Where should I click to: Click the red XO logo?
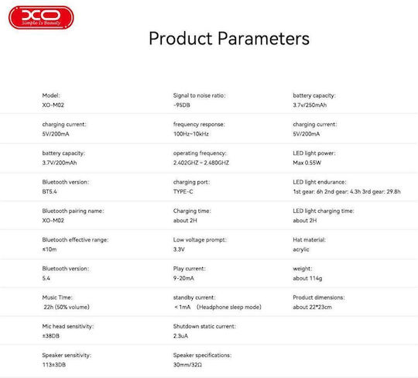pyautogui.click(x=41, y=18)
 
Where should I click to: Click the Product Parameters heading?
pyautogui.click(x=229, y=39)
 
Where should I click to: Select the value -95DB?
pyautogui.click(x=182, y=105)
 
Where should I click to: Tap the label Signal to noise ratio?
pyautogui.click(x=199, y=95)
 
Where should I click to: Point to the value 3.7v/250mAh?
pyautogui.click(x=310, y=105)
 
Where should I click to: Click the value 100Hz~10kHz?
pyautogui.click(x=191, y=134)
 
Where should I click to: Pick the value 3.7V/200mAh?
pyautogui.click(x=60, y=163)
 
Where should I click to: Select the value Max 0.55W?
pyautogui.click(x=307, y=163)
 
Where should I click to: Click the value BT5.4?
pyautogui.click(x=50, y=191)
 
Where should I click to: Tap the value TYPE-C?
pyautogui.click(x=183, y=191)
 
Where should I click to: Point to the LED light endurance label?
pyautogui.click(x=320, y=182)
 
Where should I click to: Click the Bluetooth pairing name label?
pyautogui.click(x=73, y=211)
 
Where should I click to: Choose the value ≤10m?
pyautogui.click(x=50, y=249)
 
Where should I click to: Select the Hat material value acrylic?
pyautogui.click(x=300, y=249)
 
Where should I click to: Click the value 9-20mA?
pyautogui.click(x=183, y=278)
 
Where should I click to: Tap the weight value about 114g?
pyautogui.click(x=307, y=278)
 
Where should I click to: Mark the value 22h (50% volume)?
pyautogui.click(x=67, y=307)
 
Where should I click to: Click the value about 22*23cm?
pyautogui.click(x=312, y=307)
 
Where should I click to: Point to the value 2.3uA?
pyautogui.click(x=180, y=336)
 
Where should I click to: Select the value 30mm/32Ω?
pyautogui.click(x=187, y=365)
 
